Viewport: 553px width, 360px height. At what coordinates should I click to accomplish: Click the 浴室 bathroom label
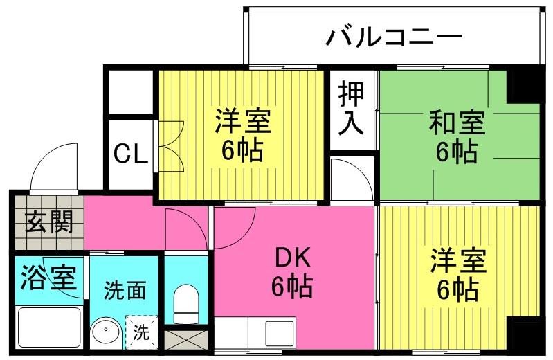48,278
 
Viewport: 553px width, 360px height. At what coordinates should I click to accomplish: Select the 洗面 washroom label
125,290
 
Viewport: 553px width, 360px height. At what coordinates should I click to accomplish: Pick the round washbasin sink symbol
105,332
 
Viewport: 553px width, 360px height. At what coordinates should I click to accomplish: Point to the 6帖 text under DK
291,286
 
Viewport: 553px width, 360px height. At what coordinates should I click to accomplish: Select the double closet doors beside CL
172,146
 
